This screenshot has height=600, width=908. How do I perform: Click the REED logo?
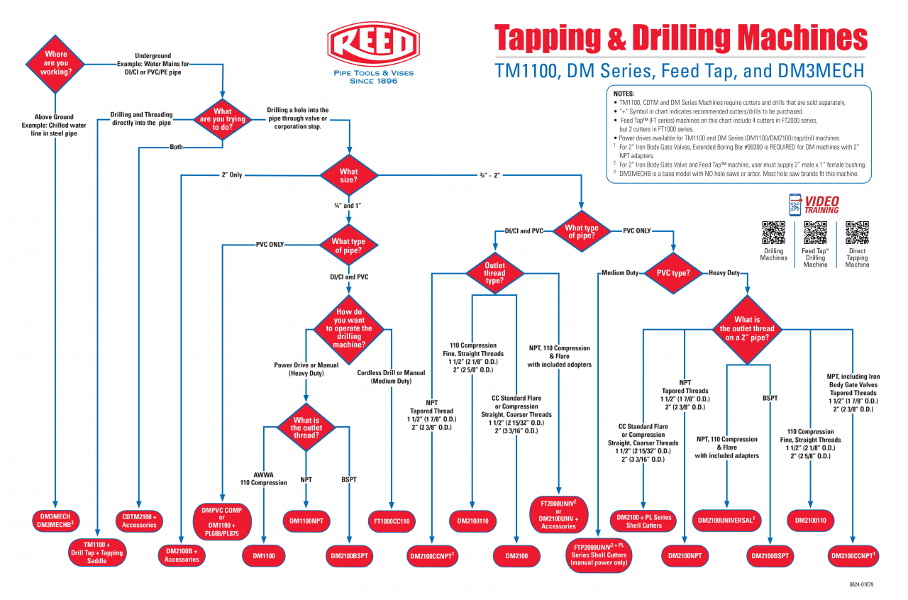pos(370,45)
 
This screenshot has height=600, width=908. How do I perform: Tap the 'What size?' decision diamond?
pos(349,175)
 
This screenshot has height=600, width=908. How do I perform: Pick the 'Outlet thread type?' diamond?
pos(494,273)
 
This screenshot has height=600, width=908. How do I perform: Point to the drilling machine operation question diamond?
pos(349,328)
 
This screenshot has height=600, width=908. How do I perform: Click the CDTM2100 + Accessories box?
pos(139,521)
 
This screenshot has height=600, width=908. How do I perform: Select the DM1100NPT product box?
pos(306,521)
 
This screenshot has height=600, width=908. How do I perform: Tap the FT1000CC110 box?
pos(392,521)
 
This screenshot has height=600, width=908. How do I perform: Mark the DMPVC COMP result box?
pos(222,522)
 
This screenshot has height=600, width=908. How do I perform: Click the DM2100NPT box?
pos(685,556)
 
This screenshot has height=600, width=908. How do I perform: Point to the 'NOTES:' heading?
pos(624,94)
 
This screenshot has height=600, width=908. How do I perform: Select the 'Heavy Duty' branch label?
pos(724,273)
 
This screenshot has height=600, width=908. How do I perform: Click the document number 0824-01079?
pos(860,584)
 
